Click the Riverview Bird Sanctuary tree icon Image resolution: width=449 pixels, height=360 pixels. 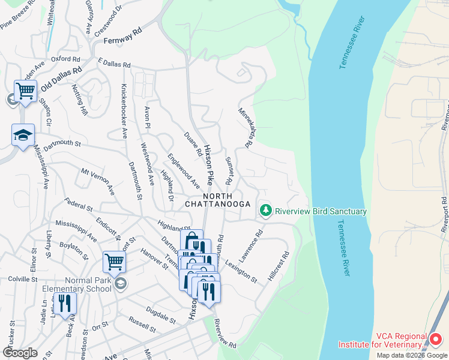(x=265, y=211)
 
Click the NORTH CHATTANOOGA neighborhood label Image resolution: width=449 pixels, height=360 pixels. (x=226, y=200)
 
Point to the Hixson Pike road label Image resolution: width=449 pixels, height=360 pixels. (x=208, y=164)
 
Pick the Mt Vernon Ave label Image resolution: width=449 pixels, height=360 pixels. (x=98, y=181)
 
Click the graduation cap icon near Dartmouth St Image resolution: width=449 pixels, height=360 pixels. (x=23, y=134)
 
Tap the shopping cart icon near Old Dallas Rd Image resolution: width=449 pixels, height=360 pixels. (x=25, y=91)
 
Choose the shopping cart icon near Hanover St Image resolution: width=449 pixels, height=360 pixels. (x=114, y=262)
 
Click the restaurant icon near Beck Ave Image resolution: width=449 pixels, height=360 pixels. (x=65, y=303)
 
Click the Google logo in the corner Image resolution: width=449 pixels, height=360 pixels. (x=20, y=353)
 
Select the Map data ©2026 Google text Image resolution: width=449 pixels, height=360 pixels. (x=412, y=355)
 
